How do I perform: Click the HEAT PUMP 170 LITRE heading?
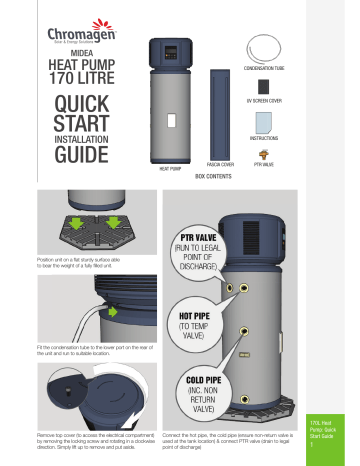tap(69, 75)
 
